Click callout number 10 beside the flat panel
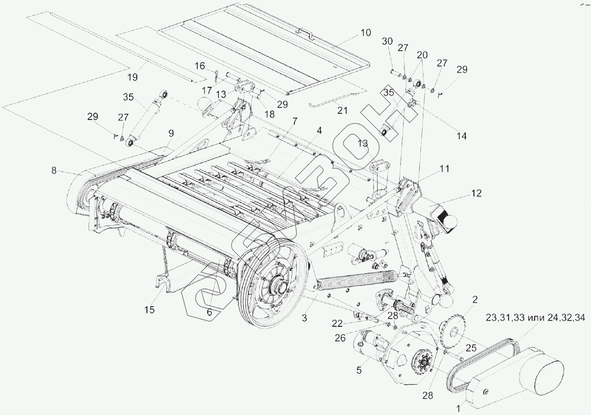pos(365,33)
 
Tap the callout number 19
pos(132,77)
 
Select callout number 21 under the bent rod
pos(342,110)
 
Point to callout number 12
pos(476,193)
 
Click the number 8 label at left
pos(54,170)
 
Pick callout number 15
pos(149,309)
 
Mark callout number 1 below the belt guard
pos(458,408)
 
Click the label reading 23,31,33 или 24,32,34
pos(535,318)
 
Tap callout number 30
pos(387,41)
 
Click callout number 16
pos(200,66)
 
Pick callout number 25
pos(471,348)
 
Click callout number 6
pos(209,312)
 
